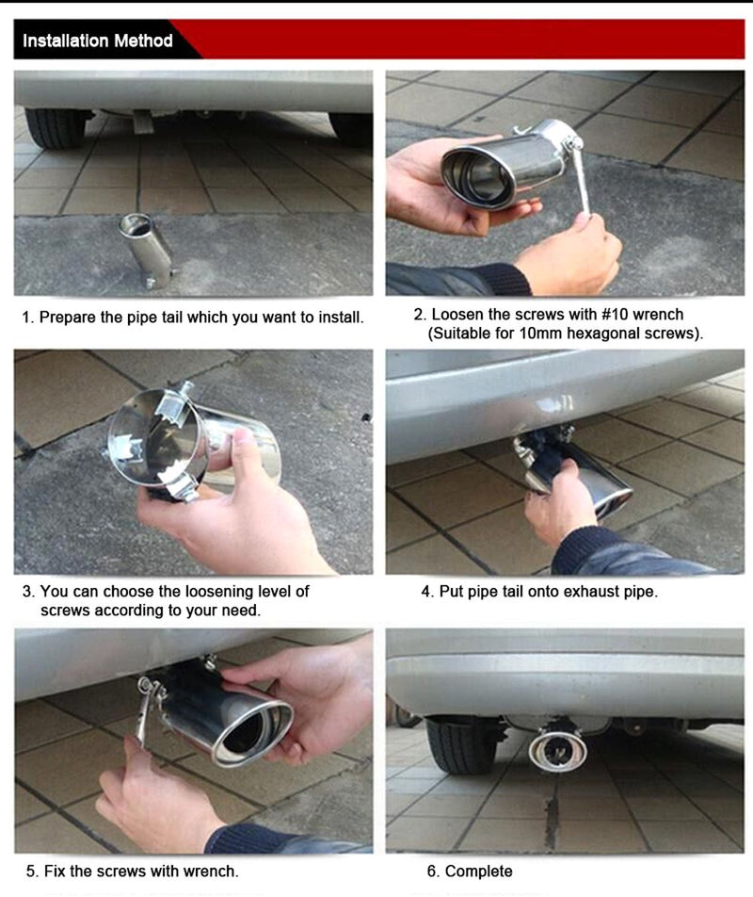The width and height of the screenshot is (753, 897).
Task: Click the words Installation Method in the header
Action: [98, 41]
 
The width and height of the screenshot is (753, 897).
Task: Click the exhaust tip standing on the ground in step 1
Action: [146, 251]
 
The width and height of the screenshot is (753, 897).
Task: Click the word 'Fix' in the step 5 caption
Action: [55, 871]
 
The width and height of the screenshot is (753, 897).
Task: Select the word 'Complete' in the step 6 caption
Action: [478, 872]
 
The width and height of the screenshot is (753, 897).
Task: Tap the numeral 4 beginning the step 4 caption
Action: [425, 591]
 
